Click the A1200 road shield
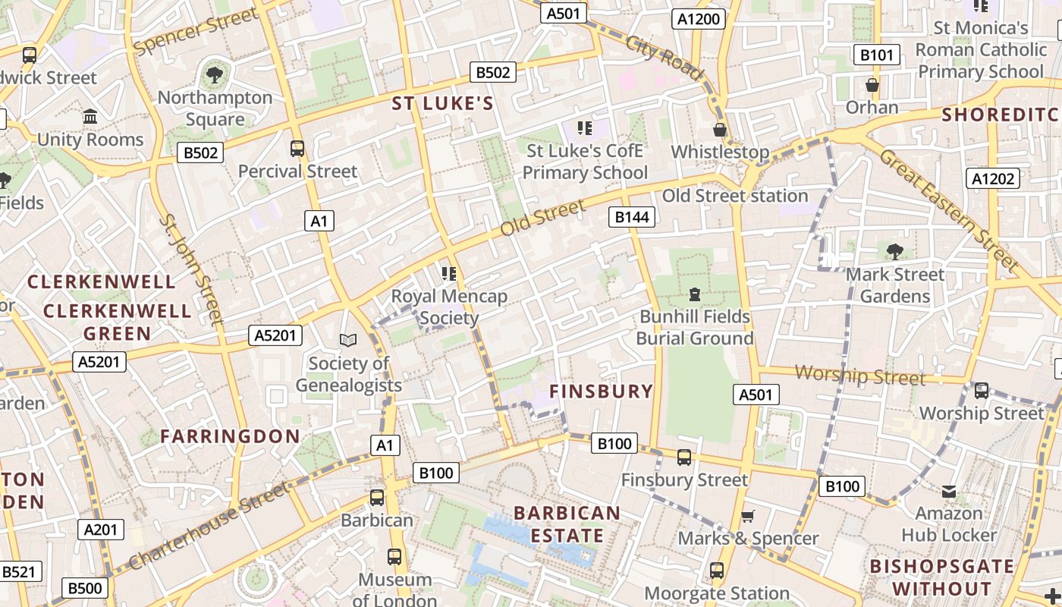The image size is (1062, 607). click(x=698, y=19)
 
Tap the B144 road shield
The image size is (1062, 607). click(x=632, y=218)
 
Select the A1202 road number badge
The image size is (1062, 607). click(x=992, y=178)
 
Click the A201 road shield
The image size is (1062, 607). click(x=100, y=530)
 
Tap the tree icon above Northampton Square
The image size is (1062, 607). click(x=215, y=74)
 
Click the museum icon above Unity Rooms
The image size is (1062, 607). click(x=90, y=117)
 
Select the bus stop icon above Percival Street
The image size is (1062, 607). click(x=297, y=148)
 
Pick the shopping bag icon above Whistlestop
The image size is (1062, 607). click(x=720, y=130)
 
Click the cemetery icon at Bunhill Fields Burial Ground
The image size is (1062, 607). click(x=694, y=294)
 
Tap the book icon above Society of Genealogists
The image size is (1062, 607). click(x=348, y=341)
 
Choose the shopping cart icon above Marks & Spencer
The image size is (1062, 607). click(x=747, y=516)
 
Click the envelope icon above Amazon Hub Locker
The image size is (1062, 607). click(x=949, y=492)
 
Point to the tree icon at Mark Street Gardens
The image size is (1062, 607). click(x=895, y=251)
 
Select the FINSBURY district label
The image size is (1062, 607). click(x=601, y=392)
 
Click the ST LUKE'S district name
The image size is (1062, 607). click(x=442, y=104)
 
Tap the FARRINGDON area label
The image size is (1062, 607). click(x=230, y=436)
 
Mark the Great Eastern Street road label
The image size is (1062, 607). click(x=948, y=210)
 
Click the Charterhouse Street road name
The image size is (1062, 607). click(x=209, y=525)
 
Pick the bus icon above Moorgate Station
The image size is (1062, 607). click(x=717, y=570)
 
